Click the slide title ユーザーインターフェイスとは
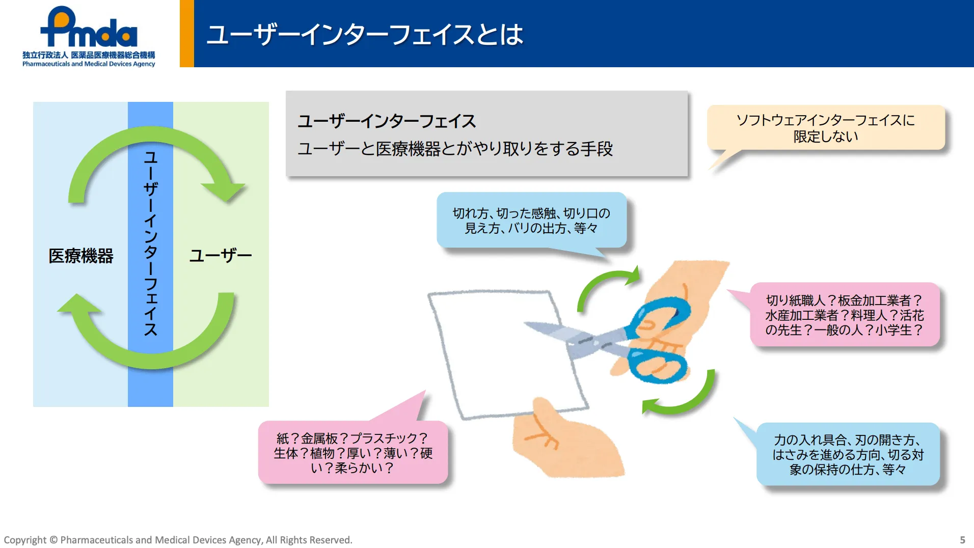[x=365, y=35]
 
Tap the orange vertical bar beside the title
[x=187, y=34]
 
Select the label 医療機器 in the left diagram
[x=80, y=256]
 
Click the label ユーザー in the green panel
[x=221, y=256]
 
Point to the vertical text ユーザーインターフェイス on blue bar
[x=150, y=243]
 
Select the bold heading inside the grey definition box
[x=387, y=121]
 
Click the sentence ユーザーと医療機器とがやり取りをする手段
[x=455, y=149]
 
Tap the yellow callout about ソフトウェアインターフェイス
[x=825, y=128]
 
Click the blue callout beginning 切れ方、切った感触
[x=531, y=221]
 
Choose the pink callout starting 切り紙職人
[x=844, y=315]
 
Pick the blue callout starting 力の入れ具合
[x=848, y=454]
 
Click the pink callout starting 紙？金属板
[x=353, y=453]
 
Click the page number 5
[x=962, y=540]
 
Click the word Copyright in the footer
[x=25, y=540]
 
